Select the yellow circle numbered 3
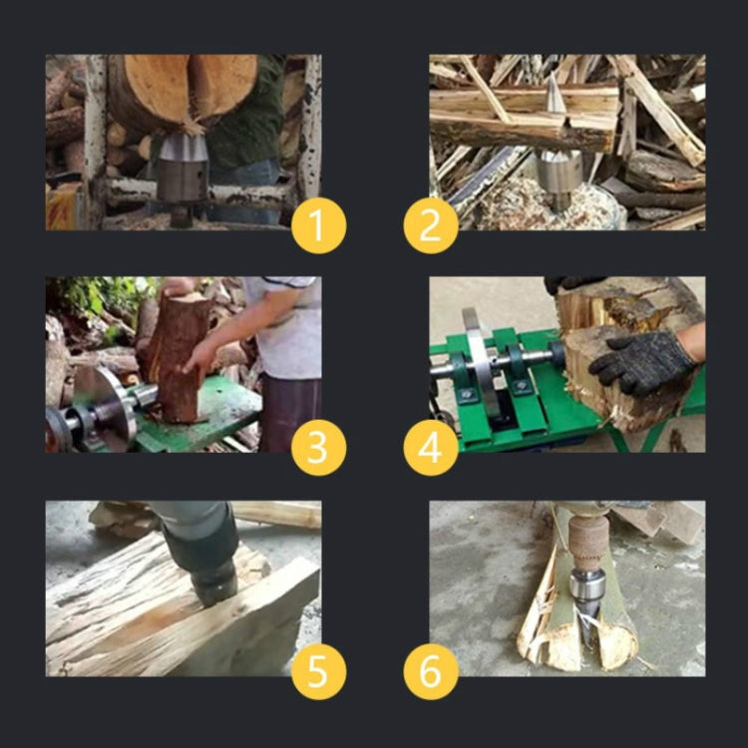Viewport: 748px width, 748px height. (318, 448)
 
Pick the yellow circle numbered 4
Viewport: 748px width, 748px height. (431, 448)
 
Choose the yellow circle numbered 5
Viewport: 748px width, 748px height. (318, 671)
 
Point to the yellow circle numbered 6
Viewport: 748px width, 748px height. (431, 671)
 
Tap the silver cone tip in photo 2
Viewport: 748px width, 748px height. (554, 94)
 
